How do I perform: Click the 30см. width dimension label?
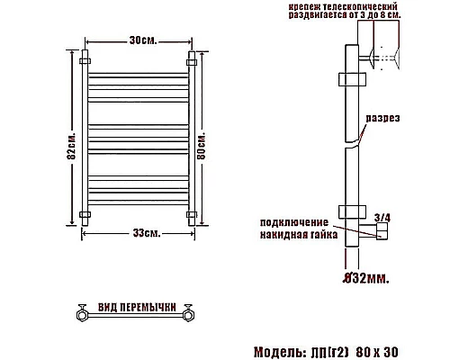point(137,41)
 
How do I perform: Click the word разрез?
point(382,118)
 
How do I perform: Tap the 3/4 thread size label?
point(381,217)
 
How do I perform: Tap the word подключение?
point(295,220)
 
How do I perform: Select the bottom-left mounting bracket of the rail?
point(84,214)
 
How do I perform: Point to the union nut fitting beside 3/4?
point(379,232)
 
